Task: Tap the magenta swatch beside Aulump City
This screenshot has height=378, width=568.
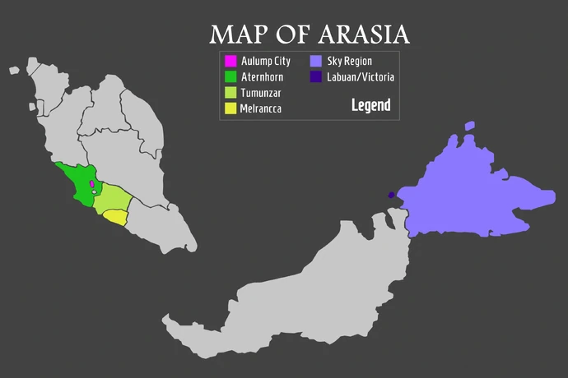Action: coord(230,61)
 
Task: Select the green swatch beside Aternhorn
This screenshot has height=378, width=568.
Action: coord(230,76)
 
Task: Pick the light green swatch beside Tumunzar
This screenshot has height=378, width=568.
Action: coord(230,92)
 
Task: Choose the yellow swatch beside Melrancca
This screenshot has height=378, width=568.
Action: coord(230,108)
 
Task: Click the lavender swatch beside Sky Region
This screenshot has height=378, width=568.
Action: coord(316,61)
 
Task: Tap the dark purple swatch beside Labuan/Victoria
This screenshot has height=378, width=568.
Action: coord(316,76)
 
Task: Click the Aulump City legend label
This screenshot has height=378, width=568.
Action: coord(265,61)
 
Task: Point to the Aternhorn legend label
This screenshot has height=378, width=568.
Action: coord(262,76)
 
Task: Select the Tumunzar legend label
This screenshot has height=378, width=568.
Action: coord(261,92)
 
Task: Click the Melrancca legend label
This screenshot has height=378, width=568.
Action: coord(261,108)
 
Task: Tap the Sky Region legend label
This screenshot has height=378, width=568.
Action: coord(350,61)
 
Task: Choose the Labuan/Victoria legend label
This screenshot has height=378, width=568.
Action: coord(361,76)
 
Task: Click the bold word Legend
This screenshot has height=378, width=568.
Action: coord(370,105)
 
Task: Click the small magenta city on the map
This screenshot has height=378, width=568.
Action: coord(91,185)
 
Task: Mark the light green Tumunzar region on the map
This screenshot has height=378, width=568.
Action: coord(111,201)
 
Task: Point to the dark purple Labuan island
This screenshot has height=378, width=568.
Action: coord(391,195)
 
